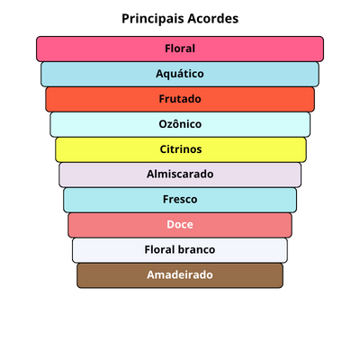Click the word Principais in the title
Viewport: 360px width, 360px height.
(153, 19)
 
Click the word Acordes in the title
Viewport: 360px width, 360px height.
(213, 19)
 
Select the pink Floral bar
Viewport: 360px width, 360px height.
(180, 49)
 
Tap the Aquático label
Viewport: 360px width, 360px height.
(180, 74)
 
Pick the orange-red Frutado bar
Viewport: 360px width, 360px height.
(180, 99)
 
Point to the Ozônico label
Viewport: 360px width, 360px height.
(180, 124)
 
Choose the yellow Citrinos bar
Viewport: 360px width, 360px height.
(181, 149)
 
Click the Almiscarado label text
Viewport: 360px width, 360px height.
(180, 174)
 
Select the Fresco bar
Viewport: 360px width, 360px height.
(180, 200)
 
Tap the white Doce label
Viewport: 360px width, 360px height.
(180, 224)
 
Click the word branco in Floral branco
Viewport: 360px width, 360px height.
(197, 249)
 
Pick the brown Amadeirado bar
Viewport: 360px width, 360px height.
(180, 275)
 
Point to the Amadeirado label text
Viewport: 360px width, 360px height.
(180, 274)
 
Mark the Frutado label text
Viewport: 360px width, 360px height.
(180, 99)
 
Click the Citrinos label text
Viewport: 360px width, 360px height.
(181, 149)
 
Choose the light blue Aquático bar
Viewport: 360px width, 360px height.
(180, 74)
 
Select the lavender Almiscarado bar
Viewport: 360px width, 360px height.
(180, 175)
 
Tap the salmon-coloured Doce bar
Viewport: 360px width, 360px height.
(180, 225)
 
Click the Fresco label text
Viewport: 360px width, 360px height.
(180, 199)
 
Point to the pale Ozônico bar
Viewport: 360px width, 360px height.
(180, 124)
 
